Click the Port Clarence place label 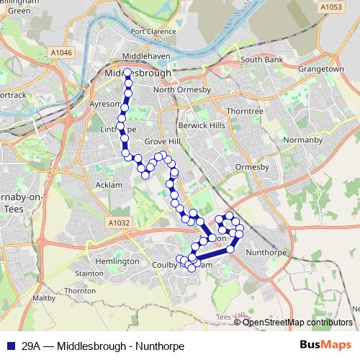[x=154, y=32]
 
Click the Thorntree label [x=245, y=112]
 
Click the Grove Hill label [x=161, y=142]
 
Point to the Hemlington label [x=117, y=261]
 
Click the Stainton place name [x=89, y=274]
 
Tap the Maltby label [x=44, y=297]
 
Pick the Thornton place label [x=80, y=290]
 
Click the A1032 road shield [x=121, y=223]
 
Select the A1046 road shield [x=62, y=53]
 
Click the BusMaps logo [x=325, y=345]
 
